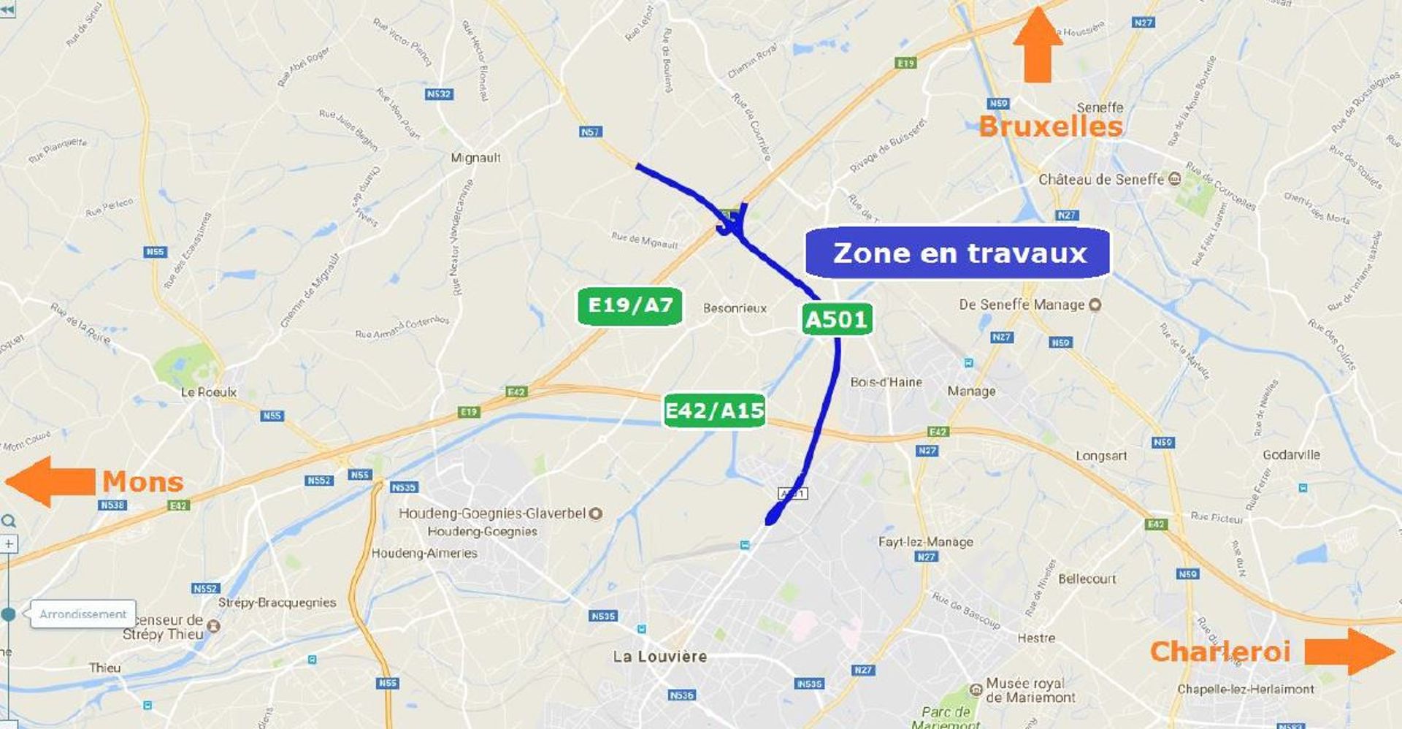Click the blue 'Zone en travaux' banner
coord(957,253)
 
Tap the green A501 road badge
coord(836,319)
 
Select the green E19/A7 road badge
coord(629,305)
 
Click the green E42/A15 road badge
coord(714,411)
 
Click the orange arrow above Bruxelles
coord(1038,45)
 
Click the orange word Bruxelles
coord(1050,126)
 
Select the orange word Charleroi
coord(1220,652)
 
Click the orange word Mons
coord(142,482)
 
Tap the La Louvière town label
coord(659,656)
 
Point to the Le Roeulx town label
coord(209,392)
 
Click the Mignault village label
coord(475,158)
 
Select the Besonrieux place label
coord(735,308)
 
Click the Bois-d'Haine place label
coord(886,382)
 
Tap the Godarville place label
coord(1291,454)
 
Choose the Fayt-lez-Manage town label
coord(925,542)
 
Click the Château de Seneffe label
coord(1101,179)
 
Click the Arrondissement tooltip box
coord(83,614)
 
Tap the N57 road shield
coord(590,131)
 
